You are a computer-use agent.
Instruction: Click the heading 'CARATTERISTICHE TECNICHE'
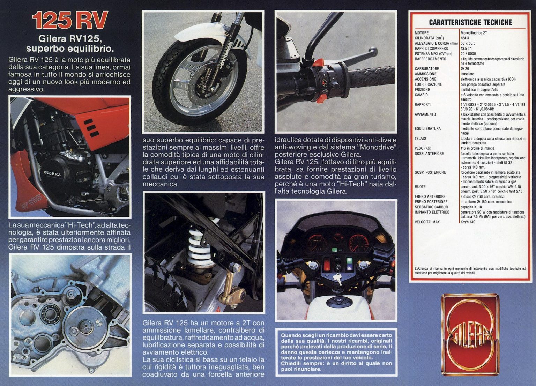pyautogui.click(x=470, y=23)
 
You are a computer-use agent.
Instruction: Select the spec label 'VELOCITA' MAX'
pyautogui.click(x=427, y=222)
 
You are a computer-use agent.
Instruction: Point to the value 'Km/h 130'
pyautogui.click(x=468, y=222)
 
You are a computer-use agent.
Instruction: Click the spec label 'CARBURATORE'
pyautogui.click(x=427, y=69)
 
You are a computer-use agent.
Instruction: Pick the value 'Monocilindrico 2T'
pyautogui.click(x=474, y=33)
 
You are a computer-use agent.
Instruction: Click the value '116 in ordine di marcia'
pyautogui.click(x=477, y=148)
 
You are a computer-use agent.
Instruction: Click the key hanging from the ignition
pyautogui.click(x=337, y=278)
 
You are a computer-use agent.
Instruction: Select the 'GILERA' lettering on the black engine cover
pyautogui.click(x=52, y=173)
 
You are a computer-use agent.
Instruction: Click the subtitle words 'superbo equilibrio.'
pyautogui.click(x=70, y=48)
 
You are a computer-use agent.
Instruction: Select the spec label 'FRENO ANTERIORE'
pyautogui.click(x=430, y=196)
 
